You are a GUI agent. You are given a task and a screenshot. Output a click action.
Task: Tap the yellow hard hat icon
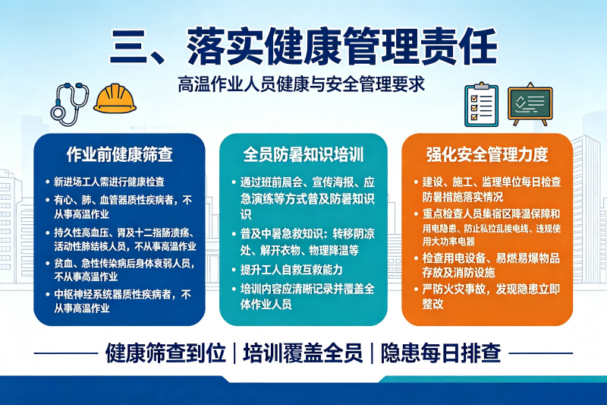[x=115, y=99]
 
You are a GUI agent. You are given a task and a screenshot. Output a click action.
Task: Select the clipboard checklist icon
[x=481, y=105]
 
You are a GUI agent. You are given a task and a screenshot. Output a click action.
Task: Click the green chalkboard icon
[x=530, y=104]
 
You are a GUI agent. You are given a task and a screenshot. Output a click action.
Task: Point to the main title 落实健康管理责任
[x=341, y=46]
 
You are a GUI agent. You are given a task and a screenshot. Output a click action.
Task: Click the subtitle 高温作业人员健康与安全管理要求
[x=301, y=84]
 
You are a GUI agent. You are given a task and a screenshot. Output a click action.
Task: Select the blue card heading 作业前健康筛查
[x=120, y=154]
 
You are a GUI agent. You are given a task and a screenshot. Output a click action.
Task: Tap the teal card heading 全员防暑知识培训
[x=303, y=154]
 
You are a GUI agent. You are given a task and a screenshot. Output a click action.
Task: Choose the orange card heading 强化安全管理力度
[x=487, y=154]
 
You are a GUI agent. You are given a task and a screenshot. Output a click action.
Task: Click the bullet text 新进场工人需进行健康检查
[x=109, y=182]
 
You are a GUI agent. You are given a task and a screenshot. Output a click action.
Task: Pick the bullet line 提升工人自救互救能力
[x=291, y=270]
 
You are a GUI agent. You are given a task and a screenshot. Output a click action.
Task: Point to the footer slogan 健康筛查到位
[x=165, y=353]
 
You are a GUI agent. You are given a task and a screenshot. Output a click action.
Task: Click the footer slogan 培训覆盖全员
[x=303, y=353]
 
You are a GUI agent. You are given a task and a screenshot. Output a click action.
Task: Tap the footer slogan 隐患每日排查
[x=441, y=353]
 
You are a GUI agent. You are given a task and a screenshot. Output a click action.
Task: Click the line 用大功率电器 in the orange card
[x=448, y=242]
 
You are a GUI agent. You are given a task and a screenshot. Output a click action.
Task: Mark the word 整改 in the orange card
[x=432, y=304]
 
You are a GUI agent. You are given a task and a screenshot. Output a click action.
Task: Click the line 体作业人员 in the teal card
[x=266, y=304]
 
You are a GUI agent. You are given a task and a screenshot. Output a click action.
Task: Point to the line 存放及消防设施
[x=458, y=273]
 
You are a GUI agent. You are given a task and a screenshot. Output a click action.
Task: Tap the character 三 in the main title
[x=129, y=46]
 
